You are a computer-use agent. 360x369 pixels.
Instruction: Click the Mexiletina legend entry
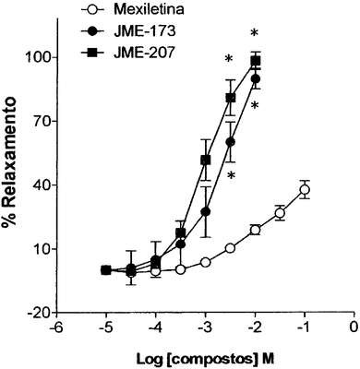coord(133,9)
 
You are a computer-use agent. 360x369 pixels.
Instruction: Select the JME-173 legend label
coord(145,31)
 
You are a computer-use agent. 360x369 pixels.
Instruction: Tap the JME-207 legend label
coord(144,53)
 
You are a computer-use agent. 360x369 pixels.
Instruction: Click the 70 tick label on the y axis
coord(45,121)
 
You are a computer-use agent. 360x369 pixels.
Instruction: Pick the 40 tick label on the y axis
coord(45,185)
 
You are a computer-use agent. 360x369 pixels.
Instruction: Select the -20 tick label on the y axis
coord(41,314)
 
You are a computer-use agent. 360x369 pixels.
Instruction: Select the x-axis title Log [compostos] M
coord(205,359)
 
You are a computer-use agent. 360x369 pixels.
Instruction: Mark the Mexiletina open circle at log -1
coord(305,189)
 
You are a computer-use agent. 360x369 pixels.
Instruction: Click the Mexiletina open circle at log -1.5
coord(280,213)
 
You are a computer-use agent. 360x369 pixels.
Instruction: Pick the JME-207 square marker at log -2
coord(256,61)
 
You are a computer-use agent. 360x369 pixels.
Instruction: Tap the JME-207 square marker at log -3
coord(206,160)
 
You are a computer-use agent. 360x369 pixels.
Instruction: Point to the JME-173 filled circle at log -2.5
coord(231,142)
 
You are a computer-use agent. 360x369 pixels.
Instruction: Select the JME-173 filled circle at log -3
coord(206,212)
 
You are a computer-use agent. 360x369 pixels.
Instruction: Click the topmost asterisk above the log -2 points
coord(254,32)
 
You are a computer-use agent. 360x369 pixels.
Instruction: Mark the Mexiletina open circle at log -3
coord(206,262)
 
